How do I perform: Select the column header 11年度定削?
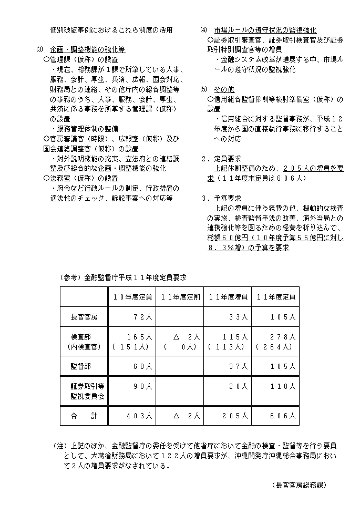tap(180, 297)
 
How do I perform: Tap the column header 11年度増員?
tap(228, 297)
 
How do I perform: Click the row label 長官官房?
tap(84, 317)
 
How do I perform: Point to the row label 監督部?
tap(84, 366)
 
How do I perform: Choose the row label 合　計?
tap(84, 416)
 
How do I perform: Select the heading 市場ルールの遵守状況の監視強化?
tap(265, 30)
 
